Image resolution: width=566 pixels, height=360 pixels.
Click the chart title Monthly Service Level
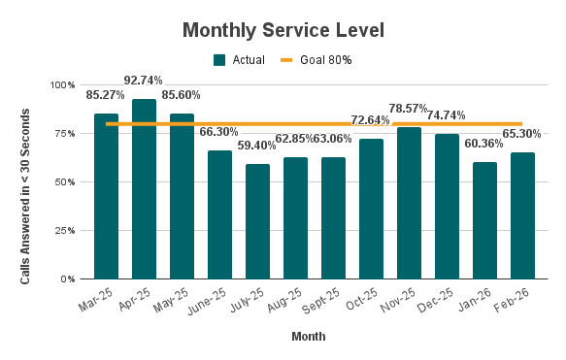click(x=283, y=30)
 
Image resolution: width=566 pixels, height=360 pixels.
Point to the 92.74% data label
click(x=144, y=80)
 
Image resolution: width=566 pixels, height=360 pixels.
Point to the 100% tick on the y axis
click(x=63, y=85)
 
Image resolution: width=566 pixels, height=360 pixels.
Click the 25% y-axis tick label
click(x=66, y=231)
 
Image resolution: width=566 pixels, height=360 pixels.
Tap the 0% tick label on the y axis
click(x=69, y=279)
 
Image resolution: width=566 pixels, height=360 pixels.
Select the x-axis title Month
click(x=308, y=337)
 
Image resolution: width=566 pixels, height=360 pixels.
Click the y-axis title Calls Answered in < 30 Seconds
click(x=26, y=182)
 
